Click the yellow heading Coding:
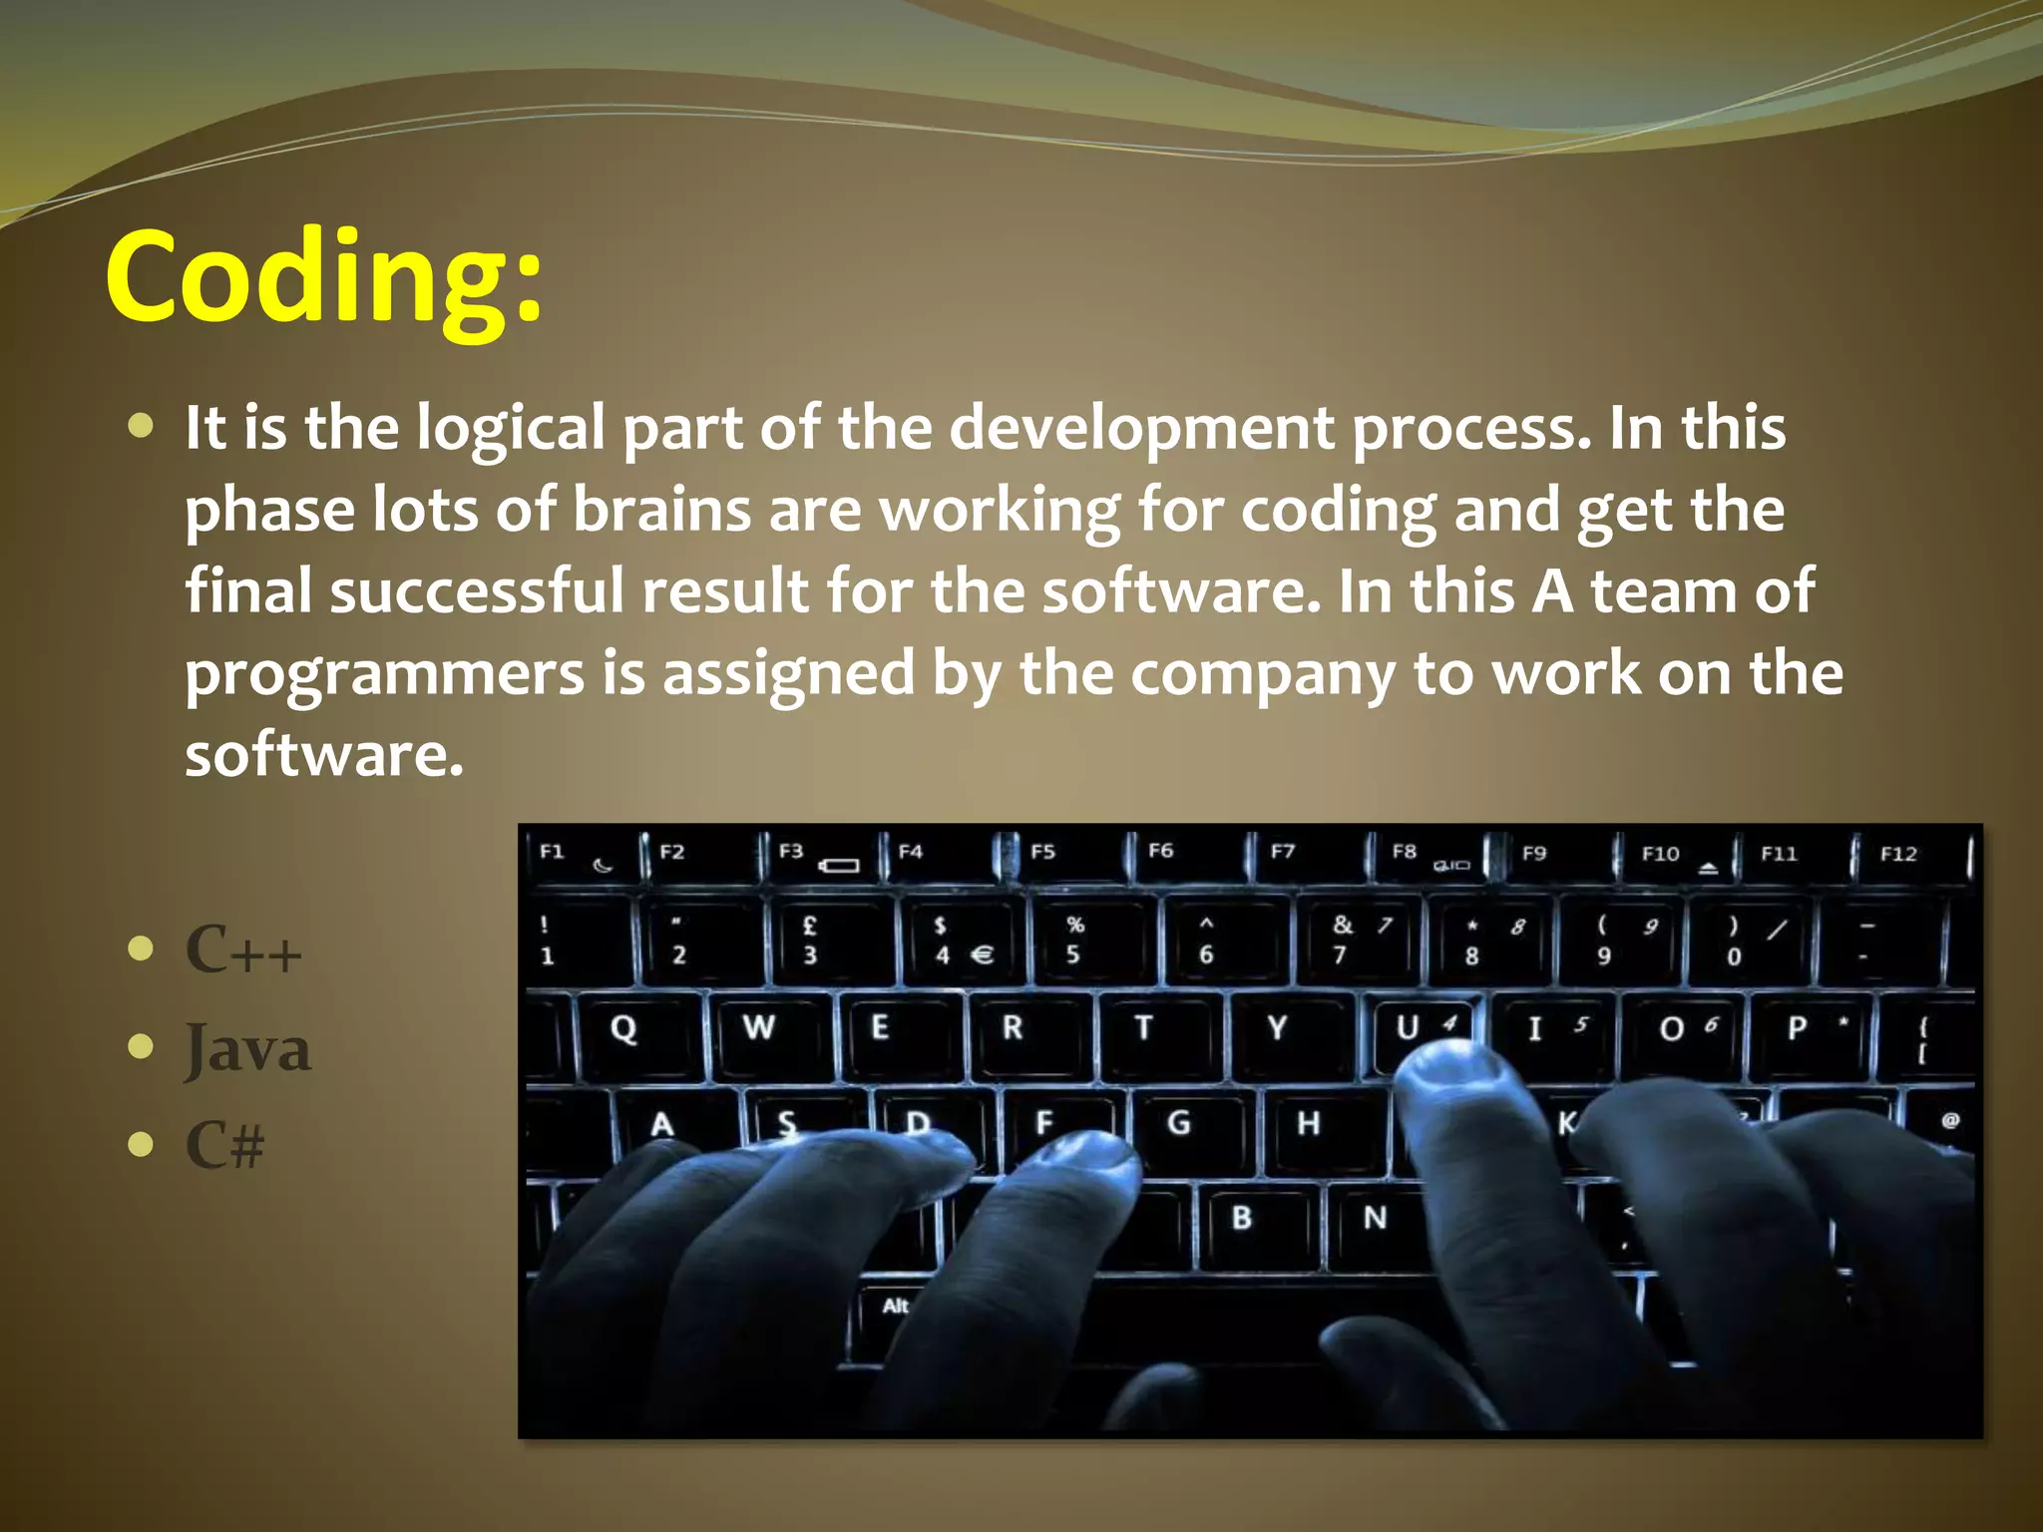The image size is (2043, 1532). (x=324, y=276)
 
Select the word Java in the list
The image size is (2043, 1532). (x=248, y=1047)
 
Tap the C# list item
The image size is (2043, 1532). (x=225, y=1144)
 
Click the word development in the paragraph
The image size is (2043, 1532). (x=1140, y=428)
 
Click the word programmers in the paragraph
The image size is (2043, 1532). (x=384, y=673)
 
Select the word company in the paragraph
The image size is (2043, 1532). (x=1262, y=673)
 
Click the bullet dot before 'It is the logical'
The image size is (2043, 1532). (x=142, y=427)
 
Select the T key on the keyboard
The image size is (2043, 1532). (x=1144, y=1027)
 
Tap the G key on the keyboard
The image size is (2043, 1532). (x=1179, y=1123)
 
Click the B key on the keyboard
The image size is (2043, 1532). (x=1242, y=1218)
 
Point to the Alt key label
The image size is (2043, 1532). (x=895, y=1307)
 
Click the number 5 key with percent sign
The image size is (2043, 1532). (x=1074, y=940)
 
